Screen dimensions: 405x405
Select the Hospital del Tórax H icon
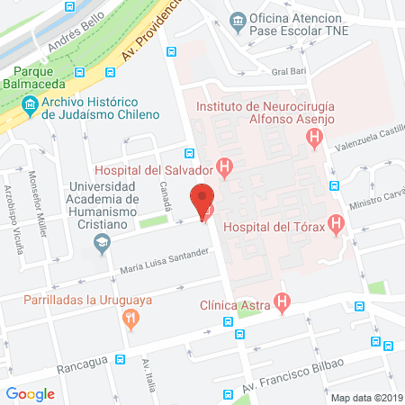(x=337, y=223)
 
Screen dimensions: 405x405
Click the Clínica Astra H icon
(x=283, y=303)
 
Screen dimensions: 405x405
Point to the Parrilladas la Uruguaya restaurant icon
(x=132, y=318)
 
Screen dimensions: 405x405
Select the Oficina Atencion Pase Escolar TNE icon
(x=238, y=20)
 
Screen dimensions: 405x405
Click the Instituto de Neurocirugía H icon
(x=314, y=139)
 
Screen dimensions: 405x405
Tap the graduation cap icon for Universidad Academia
(x=103, y=242)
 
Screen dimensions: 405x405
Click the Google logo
(x=31, y=393)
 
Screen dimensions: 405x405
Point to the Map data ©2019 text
(x=366, y=397)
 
